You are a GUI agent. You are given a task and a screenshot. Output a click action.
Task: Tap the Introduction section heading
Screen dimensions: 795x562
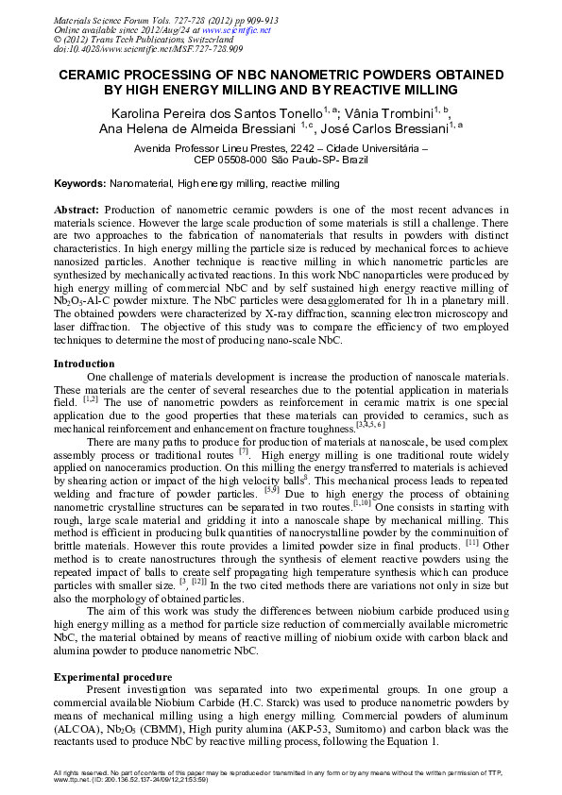pyautogui.click(x=83, y=364)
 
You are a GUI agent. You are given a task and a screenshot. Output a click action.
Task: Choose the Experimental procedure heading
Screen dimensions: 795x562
pyautogui.click(x=112, y=678)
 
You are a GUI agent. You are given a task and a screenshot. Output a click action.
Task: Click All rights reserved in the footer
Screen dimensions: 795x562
pyautogui.click(x=86, y=772)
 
